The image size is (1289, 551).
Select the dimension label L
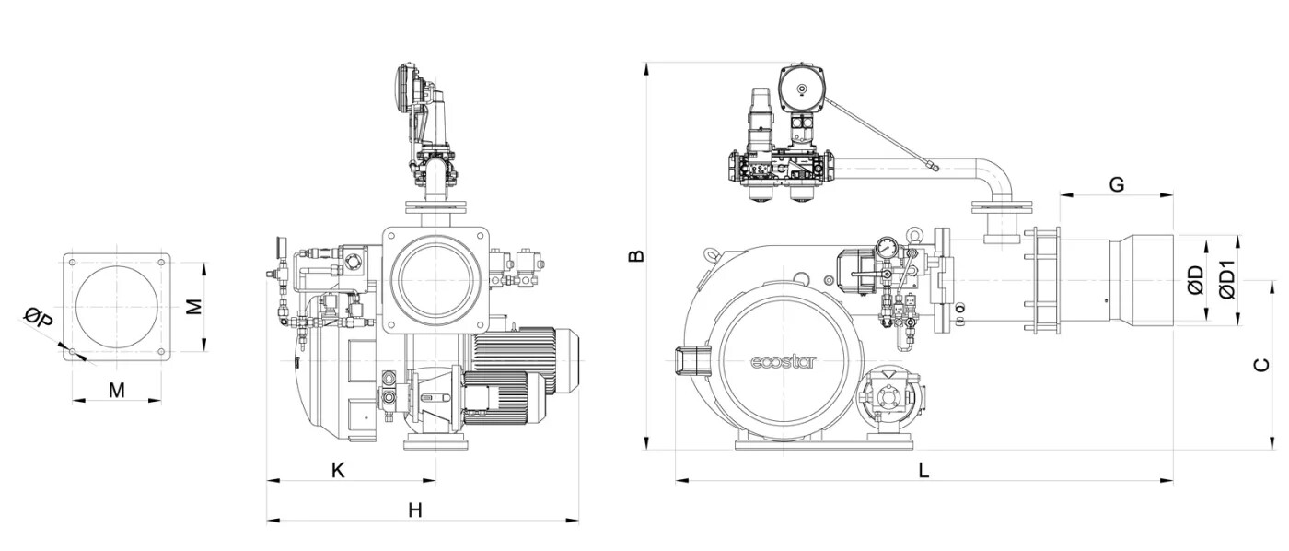923,470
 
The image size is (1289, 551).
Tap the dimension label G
1116,184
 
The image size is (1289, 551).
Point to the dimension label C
1262,365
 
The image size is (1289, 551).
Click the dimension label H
414,510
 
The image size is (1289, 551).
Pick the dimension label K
338,470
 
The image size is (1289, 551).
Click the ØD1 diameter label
1227,279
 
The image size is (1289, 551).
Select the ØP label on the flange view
39,321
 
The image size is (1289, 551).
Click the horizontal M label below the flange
116,390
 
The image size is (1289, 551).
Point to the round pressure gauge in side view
887,247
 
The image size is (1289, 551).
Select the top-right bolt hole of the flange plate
161,262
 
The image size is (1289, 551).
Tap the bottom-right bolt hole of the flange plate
161,351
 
